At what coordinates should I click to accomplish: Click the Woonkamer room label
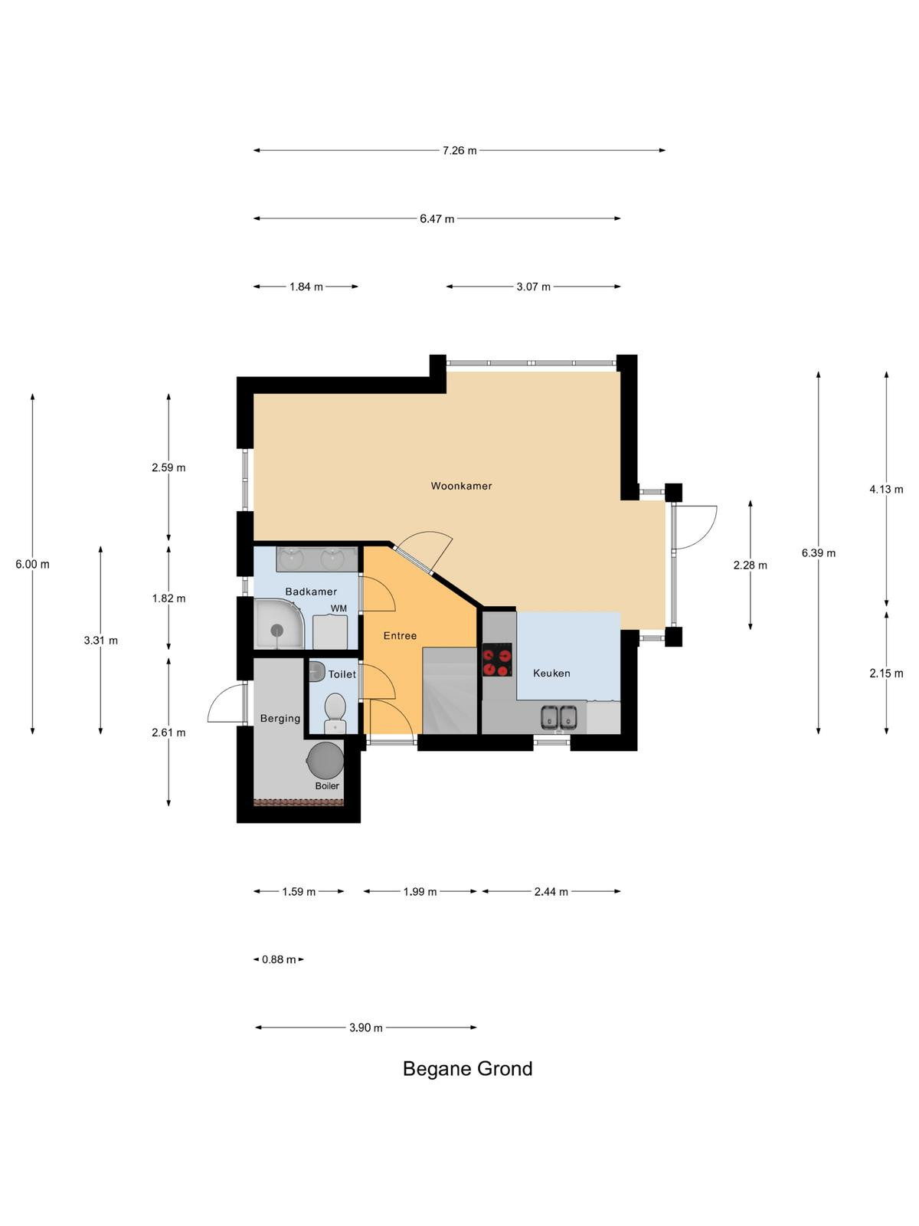tap(461, 486)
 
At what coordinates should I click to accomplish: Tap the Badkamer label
tap(311, 592)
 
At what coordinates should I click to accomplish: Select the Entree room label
tap(400, 636)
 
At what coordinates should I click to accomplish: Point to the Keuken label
tap(551, 673)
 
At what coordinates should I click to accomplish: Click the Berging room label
tap(280, 718)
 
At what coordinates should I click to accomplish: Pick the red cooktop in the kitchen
tap(497, 660)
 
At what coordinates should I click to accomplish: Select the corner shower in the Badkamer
tap(280, 624)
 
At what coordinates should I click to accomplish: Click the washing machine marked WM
tap(330, 631)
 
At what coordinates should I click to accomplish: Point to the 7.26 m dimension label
tap(459, 150)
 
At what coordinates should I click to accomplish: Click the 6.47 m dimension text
tap(437, 218)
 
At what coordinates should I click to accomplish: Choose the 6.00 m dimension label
tap(32, 564)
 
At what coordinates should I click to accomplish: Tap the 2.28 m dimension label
tap(750, 565)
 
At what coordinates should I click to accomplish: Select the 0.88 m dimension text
tap(279, 959)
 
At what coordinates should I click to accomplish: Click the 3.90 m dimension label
tap(366, 1028)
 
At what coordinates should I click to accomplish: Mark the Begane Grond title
tap(468, 1068)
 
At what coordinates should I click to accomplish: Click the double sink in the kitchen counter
tap(558, 718)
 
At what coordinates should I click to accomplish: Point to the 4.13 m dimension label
tap(886, 490)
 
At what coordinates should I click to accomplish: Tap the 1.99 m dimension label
tap(420, 891)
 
